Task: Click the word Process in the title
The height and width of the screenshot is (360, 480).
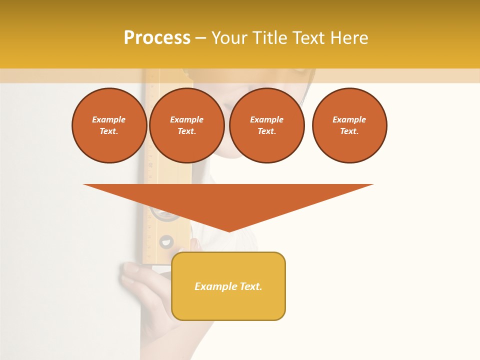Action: [157, 38]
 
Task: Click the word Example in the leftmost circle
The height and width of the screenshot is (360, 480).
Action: [109, 119]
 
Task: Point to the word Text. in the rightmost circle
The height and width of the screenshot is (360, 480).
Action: [349, 131]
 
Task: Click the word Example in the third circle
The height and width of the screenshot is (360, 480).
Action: [267, 119]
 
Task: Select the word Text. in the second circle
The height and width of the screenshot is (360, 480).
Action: [187, 131]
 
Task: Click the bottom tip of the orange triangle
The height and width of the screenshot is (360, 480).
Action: [229, 231]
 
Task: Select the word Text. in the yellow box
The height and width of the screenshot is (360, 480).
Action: [250, 286]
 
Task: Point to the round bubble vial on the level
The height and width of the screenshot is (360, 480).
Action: [166, 242]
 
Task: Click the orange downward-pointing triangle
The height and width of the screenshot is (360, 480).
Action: [228, 200]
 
